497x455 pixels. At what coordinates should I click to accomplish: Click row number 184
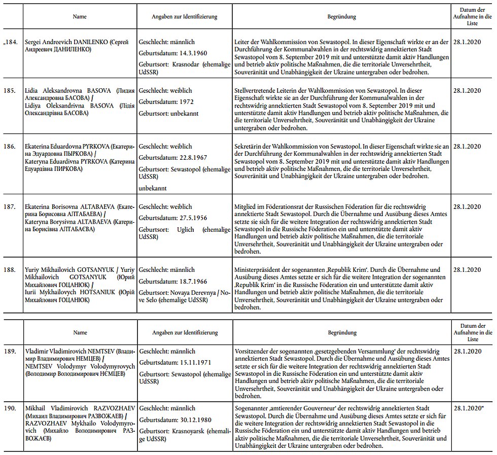[x=11, y=42]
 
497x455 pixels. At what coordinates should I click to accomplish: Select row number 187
[x=12, y=207]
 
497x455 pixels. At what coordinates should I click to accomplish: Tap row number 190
[x=12, y=407]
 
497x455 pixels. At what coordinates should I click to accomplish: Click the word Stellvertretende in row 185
[x=257, y=91]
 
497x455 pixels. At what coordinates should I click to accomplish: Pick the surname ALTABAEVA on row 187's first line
[x=90, y=207]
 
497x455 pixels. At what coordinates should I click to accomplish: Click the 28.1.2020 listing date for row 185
[x=467, y=91]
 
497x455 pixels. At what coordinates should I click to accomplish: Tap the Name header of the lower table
[x=80, y=333]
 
